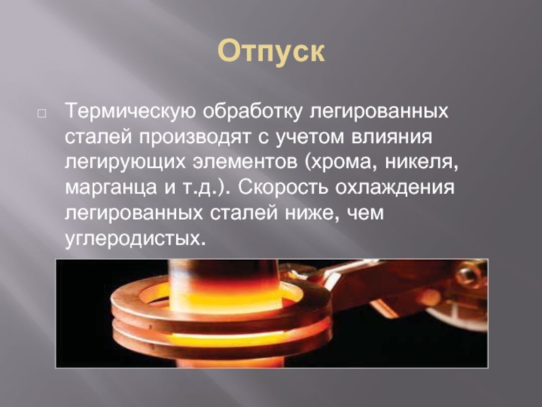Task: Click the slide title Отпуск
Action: click(x=271, y=52)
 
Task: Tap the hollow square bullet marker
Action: click(x=41, y=113)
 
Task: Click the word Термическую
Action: click(x=130, y=112)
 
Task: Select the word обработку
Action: click(x=252, y=112)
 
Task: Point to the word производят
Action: click(x=194, y=137)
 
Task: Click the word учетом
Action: click(x=310, y=137)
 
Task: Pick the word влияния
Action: click(x=392, y=137)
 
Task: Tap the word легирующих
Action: click(x=125, y=162)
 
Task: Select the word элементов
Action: click(x=245, y=162)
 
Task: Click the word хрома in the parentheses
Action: click(x=340, y=162)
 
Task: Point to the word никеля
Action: click(x=421, y=162)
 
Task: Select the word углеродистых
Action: click(x=135, y=238)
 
